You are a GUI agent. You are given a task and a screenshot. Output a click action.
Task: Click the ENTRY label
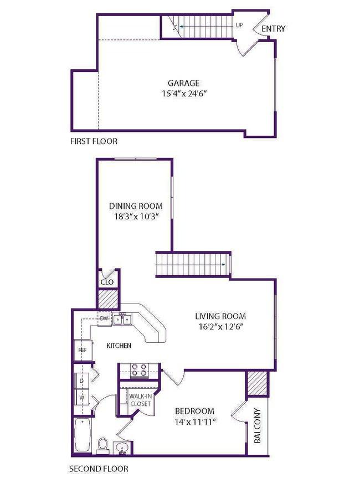274,29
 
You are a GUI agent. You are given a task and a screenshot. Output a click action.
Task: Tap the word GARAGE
183,83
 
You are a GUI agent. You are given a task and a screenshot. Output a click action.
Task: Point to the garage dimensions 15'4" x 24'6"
183,94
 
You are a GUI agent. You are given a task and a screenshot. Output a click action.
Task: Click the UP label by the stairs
239,25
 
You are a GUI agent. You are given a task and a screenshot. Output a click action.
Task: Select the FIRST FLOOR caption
94,141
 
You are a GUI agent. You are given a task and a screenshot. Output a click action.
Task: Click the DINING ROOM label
136,205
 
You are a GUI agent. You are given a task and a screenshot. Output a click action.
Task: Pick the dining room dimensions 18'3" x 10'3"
136,216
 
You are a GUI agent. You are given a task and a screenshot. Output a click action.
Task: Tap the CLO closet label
107,282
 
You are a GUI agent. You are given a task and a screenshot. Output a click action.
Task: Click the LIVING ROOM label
220,316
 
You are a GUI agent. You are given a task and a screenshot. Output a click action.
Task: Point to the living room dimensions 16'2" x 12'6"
221,326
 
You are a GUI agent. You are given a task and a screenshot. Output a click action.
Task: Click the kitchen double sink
122,319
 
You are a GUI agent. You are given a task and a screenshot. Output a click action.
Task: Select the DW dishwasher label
104,318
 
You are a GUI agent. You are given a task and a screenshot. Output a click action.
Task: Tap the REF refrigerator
83,350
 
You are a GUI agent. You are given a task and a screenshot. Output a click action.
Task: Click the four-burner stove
139,369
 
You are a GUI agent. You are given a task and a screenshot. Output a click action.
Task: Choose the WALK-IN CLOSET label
141,400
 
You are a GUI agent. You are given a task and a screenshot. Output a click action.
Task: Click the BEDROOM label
194,411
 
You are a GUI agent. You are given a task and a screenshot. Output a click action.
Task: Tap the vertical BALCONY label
258,426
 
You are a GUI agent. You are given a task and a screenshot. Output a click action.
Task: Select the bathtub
83,435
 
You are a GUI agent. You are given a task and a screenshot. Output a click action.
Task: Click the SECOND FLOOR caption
99,469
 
